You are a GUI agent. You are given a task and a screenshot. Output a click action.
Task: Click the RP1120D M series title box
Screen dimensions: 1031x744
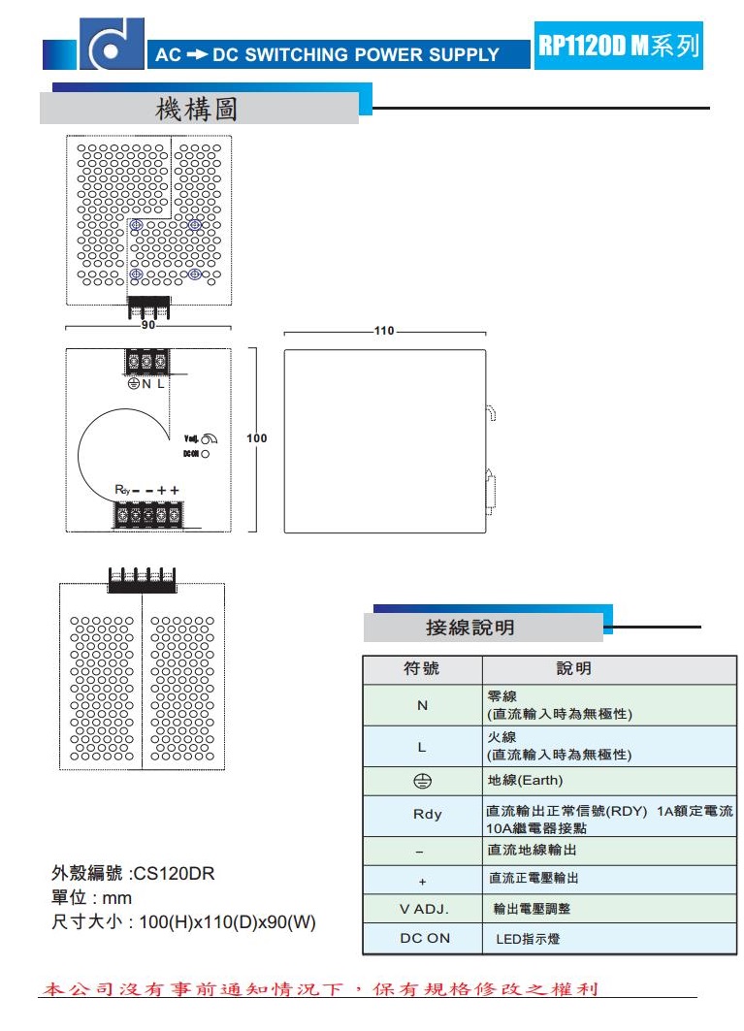[618, 46]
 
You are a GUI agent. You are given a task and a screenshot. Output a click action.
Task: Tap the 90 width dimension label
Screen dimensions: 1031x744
[148, 327]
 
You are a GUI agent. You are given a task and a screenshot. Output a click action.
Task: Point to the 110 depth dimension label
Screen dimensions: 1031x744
[384, 331]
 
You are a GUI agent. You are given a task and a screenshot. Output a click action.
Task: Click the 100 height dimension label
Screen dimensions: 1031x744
[256, 438]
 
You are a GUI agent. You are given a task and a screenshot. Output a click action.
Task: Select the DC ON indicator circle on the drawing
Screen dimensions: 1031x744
[206, 453]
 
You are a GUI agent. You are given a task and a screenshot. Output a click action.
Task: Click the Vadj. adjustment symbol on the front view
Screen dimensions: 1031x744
[207, 439]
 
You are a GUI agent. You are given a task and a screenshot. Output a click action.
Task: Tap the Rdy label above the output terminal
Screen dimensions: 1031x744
[122, 491]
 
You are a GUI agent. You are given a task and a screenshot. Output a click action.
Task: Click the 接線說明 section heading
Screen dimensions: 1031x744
[470, 628]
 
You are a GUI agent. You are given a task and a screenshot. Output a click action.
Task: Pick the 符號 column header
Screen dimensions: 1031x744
[422, 669]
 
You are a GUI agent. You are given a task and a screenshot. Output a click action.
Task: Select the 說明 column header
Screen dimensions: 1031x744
[573, 669]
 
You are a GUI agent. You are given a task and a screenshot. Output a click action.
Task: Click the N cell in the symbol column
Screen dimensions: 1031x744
[422, 705]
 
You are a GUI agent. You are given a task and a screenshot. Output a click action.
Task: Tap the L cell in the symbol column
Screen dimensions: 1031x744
[422, 747]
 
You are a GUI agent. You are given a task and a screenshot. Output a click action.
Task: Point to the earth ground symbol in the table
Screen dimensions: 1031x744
[422, 781]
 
